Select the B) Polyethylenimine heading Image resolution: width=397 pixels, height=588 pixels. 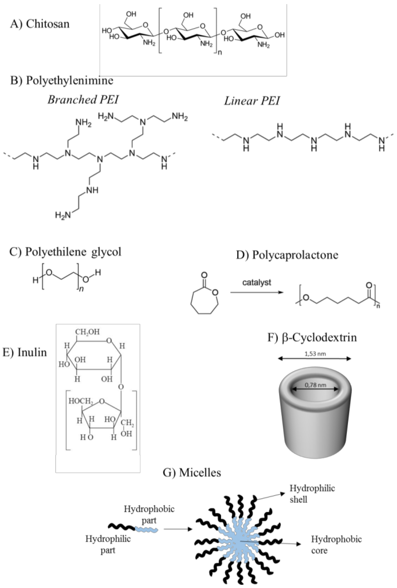point(61,80)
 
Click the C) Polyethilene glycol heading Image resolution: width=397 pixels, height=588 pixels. point(65,252)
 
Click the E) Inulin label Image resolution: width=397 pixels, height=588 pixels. point(25,352)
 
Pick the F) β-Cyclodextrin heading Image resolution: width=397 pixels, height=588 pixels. point(312,337)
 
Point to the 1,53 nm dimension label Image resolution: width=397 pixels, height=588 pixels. point(315,354)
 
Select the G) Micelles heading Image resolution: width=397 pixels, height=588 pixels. point(192,472)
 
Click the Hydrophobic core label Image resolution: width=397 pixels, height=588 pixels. point(336,545)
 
